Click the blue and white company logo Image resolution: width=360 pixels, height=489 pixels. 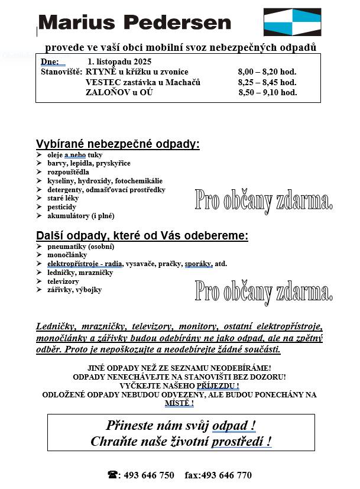point(292,22)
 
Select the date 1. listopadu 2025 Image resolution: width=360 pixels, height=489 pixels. point(119,61)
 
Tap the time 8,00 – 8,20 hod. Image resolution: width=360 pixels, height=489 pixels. point(267,72)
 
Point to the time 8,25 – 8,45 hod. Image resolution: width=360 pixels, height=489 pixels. point(267,82)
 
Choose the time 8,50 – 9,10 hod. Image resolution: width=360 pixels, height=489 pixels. point(268,92)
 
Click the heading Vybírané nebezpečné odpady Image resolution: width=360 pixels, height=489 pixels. point(118,144)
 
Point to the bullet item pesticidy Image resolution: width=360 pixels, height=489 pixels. point(61,208)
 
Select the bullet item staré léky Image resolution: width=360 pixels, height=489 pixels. point(63,199)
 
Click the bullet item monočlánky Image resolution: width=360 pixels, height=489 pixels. point(67,255)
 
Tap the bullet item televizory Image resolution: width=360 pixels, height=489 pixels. point(63,281)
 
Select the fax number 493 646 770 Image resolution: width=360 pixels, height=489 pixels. point(226,475)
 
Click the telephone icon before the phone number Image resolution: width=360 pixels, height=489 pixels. point(112,475)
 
